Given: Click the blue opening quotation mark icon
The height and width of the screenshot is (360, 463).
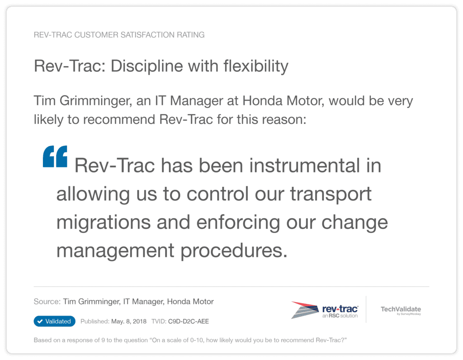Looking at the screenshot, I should [x=55, y=156].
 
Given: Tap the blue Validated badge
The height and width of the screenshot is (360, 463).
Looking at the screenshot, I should [x=54, y=321].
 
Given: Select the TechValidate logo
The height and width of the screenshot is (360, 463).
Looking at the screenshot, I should [x=401, y=310].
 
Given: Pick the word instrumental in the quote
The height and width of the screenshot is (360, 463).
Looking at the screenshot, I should [x=298, y=166].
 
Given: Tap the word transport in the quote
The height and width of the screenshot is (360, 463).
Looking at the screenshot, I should [x=331, y=194].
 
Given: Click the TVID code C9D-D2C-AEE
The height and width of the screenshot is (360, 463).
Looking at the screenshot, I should [x=189, y=322].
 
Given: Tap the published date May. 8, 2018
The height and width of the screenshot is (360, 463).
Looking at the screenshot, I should [x=129, y=322].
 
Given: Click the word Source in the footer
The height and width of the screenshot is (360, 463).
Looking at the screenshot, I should [x=46, y=302].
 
